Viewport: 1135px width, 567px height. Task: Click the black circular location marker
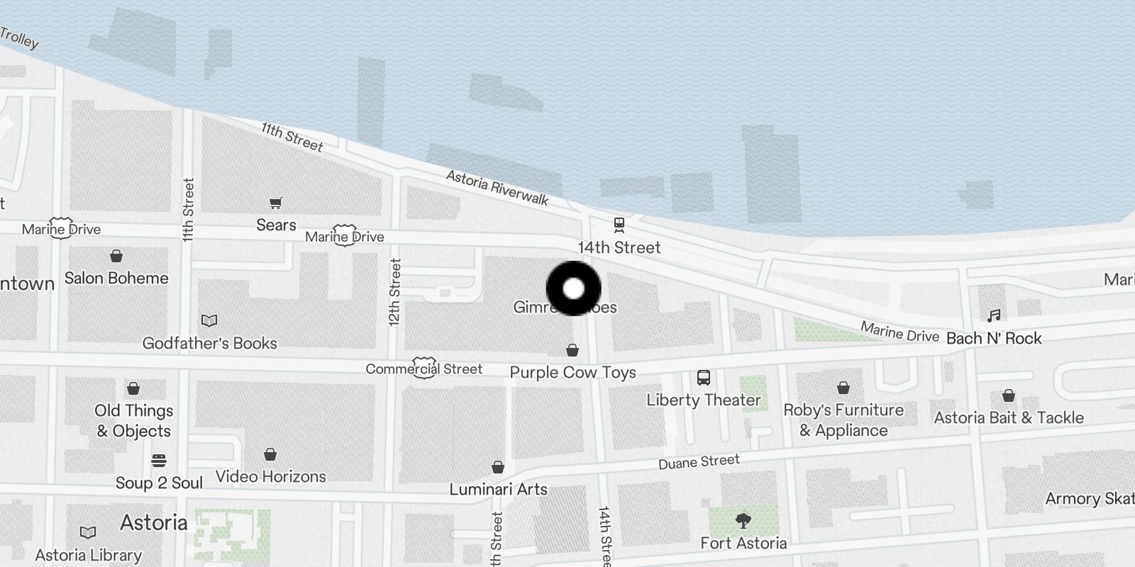pyautogui.click(x=573, y=288)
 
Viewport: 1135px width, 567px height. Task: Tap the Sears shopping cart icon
pyautogui.click(x=276, y=204)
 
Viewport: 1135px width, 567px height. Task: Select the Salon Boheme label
pyautogui.click(x=116, y=278)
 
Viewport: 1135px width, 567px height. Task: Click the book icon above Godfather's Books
pyautogui.click(x=209, y=321)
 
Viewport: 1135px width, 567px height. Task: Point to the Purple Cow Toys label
pyautogui.click(x=572, y=372)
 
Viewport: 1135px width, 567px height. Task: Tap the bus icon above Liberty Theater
pyautogui.click(x=703, y=377)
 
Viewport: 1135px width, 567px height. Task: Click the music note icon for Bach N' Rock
pyautogui.click(x=994, y=316)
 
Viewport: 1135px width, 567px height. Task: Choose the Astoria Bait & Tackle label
pyautogui.click(x=1008, y=417)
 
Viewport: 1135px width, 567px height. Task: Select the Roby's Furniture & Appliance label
pyautogui.click(x=843, y=420)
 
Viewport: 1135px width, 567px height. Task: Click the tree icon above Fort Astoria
pyautogui.click(x=743, y=522)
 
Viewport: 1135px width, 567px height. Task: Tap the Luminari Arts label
pyautogui.click(x=498, y=489)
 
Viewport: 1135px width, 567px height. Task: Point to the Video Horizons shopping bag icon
pyautogui.click(x=270, y=454)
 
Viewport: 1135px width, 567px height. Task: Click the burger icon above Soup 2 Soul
pyautogui.click(x=159, y=461)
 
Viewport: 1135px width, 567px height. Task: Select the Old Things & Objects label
pyautogui.click(x=134, y=420)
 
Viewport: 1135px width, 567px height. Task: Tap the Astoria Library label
pyautogui.click(x=89, y=555)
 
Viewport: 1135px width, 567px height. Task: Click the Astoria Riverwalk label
pyautogui.click(x=497, y=188)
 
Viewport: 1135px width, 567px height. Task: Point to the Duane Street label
pyautogui.click(x=699, y=462)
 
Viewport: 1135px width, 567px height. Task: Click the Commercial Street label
pyautogui.click(x=423, y=369)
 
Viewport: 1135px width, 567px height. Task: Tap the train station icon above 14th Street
pyautogui.click(x=619, y=225)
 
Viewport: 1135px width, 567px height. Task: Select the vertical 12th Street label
pyautogui.click(x=395, y=292)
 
